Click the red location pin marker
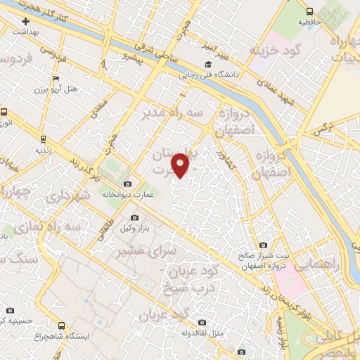pyautogui.click(x=181, y=165)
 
